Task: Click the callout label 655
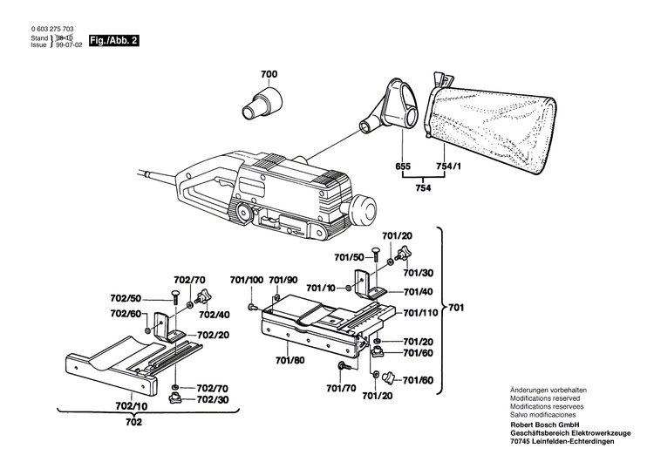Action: pyautogui.click(x=402, y=166)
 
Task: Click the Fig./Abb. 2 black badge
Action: pyautogui.click(x=114, y=41)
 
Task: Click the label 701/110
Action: pyautogui.click(x=419, y=312)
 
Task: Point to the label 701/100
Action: pyautogui.click(x=246, y=280)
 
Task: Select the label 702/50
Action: pyautogui.click(x=126, y=297)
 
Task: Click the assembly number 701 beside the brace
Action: pyautogui.click(x=457, y=308)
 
